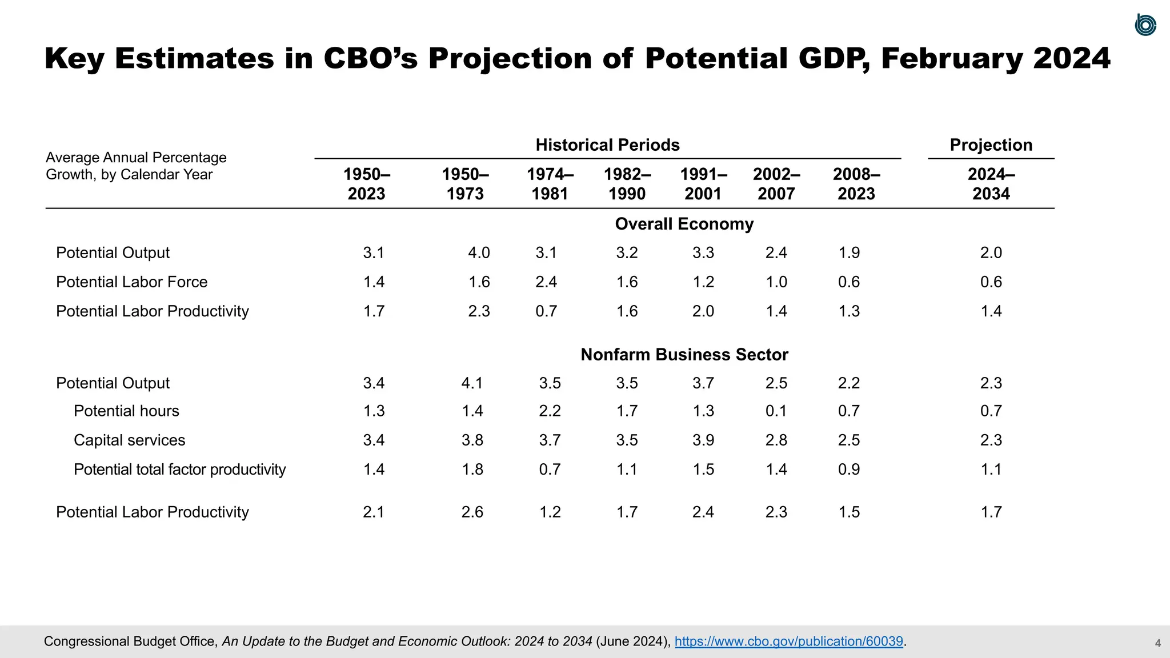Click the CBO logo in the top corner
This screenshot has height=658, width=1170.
[1145, 25]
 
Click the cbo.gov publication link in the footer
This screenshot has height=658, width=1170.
[788, 641]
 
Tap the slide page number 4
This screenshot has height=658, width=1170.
[1157, 643]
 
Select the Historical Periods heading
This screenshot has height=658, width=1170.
[607, 145]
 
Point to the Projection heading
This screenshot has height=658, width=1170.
[991, 145]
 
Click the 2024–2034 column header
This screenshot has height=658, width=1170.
[991, 184]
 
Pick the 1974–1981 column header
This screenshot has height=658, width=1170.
[550, 184]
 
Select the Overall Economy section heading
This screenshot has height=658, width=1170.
[684, 224]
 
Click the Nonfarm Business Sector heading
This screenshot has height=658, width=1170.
[684, 355]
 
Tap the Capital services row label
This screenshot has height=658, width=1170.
[129, 440]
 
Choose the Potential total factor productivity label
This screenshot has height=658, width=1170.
[179, 470]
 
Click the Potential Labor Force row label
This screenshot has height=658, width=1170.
[131, 282]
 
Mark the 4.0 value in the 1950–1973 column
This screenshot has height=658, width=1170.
[479, 253]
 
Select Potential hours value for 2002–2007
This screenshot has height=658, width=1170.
[776, 411]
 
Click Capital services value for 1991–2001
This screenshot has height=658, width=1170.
[703, 440]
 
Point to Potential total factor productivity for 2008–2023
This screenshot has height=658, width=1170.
[848, 470]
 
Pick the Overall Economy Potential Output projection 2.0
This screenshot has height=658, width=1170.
[991, 253]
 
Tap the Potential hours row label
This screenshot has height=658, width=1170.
[126, 411]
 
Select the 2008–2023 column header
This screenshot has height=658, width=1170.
[856, 184]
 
